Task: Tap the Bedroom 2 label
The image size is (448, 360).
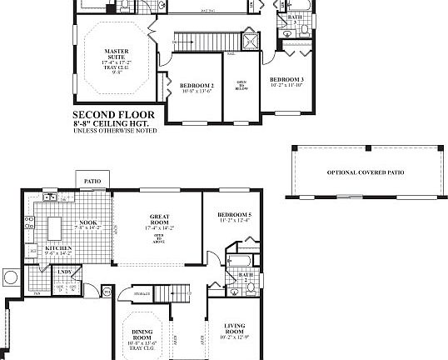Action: pyautogui.click(x=197, y=86)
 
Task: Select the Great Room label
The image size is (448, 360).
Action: pyautogui.click(x=158, y=218)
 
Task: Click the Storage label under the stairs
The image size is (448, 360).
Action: pyautogui.click(x=142, y=293)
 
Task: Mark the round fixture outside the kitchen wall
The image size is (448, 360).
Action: pyautogui.click(x=11, y=277)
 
